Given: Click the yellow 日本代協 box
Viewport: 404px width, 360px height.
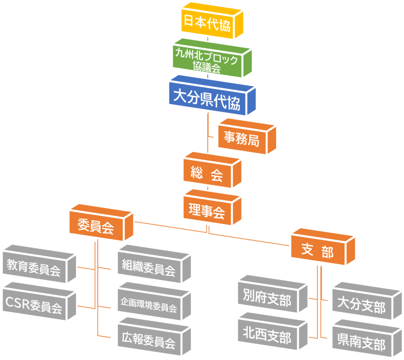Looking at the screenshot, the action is coord(212,21).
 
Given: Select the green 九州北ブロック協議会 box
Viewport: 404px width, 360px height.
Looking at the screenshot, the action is coord(212,58).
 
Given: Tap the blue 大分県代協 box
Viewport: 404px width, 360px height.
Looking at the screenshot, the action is coord(212,96).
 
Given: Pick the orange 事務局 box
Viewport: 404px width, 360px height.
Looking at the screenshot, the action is coord(247,137).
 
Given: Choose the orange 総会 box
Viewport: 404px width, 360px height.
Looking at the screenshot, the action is coord(212,170).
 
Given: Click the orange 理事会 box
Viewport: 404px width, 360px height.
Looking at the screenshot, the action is coord(212,207).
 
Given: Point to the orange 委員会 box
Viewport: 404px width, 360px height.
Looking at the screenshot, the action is coord(101,223).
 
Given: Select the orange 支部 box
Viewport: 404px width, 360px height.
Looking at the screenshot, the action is coord(323,247).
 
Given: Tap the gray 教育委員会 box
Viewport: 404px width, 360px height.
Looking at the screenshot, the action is coord(39,264).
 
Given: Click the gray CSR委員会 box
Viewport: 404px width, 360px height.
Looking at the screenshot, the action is coord(39,301).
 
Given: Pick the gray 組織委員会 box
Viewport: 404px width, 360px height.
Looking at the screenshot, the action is coord(154,264).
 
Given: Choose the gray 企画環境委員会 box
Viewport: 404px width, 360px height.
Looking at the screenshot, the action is coord(154,301).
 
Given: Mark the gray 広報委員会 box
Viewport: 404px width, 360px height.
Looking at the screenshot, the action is coord(154,336).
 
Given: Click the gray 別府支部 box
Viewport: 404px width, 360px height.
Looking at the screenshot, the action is coord(273,294).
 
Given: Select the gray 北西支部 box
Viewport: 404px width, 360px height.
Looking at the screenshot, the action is coord(273,331).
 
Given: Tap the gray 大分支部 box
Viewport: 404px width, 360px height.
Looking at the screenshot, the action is coord(367,301).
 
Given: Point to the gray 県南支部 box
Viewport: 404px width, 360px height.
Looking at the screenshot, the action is coord(367,338).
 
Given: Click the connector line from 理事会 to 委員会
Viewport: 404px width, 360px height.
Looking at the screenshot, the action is coord(170,227).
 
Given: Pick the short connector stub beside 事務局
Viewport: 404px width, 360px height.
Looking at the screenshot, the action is coord(211,137).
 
